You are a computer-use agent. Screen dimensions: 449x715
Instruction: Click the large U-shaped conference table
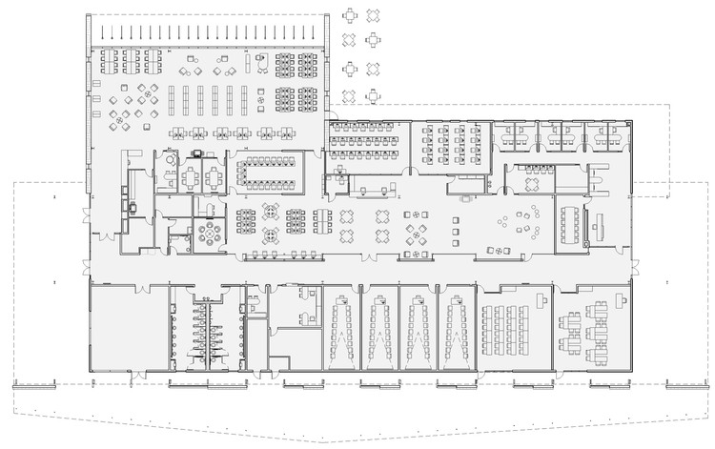click(268, 171)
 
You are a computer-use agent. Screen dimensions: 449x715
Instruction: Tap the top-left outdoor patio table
click(351, 14)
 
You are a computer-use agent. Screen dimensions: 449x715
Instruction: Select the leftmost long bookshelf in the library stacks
click(173, 99)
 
